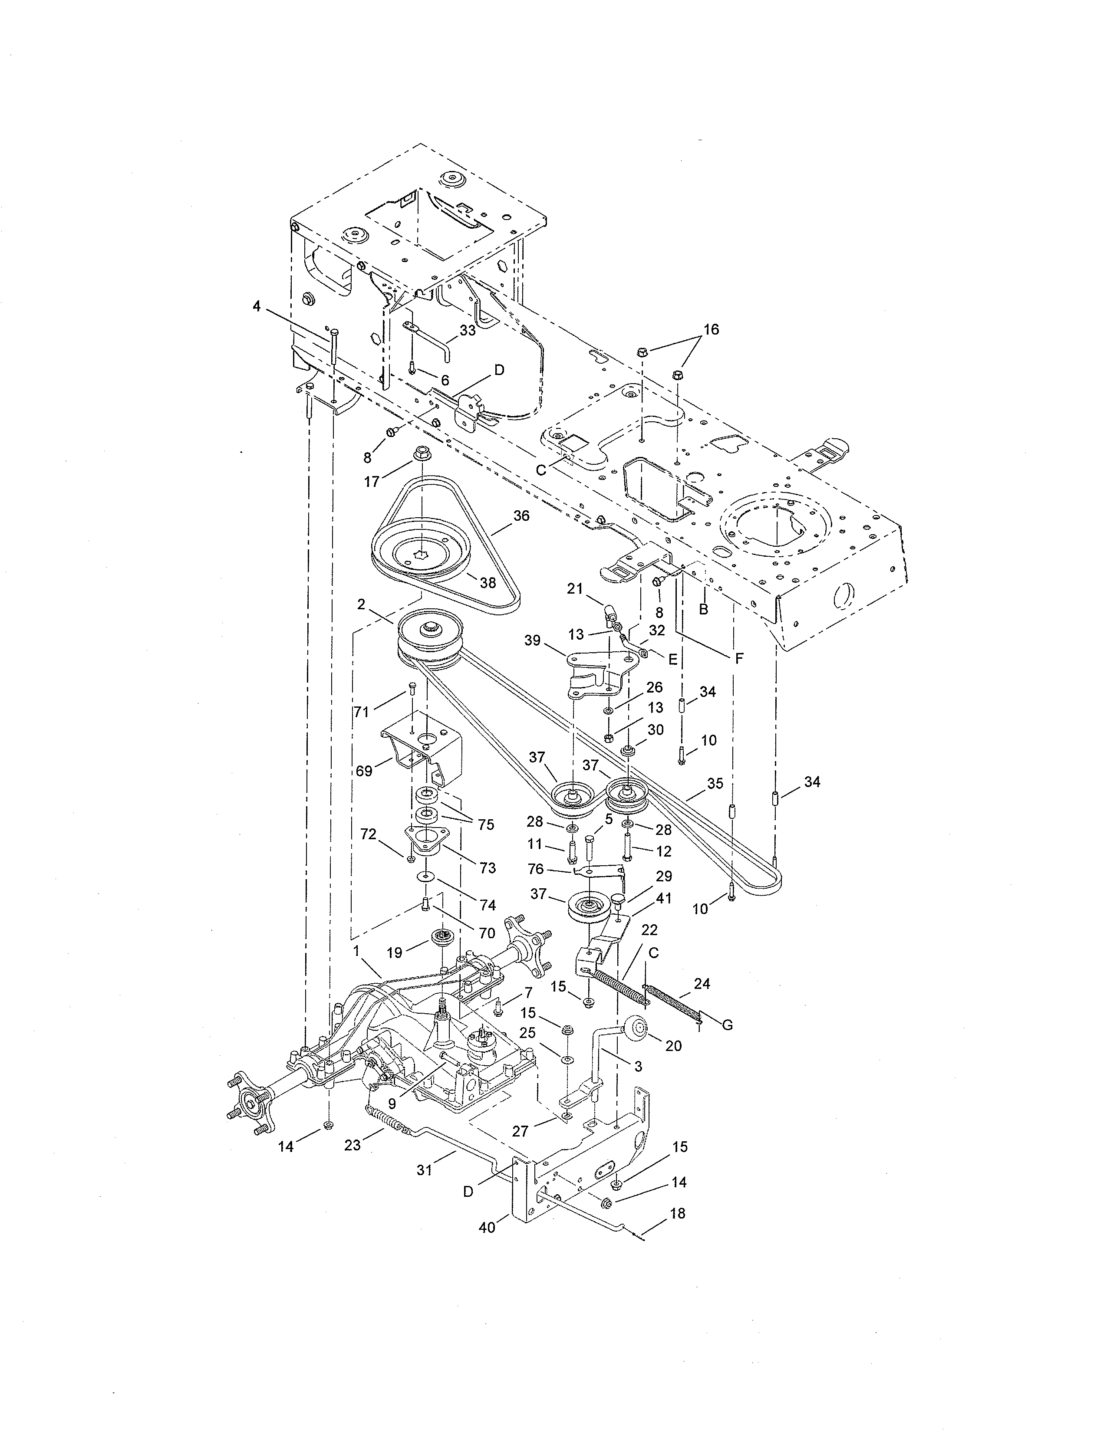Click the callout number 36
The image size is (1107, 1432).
tap(521, 516)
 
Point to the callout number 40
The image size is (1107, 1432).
tap(487, 1228)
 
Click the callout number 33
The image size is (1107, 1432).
tap(468, 331)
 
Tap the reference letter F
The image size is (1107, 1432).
tap(739, 659)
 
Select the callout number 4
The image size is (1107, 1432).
tap(257, 306)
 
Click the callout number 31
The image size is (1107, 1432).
tap(425, 1170)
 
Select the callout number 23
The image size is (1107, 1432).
tap(353, 1146)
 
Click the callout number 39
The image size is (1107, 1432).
tap(533, 640)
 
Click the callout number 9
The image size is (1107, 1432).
tap(392, 1104)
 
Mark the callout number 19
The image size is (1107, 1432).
tap(394, 952)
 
